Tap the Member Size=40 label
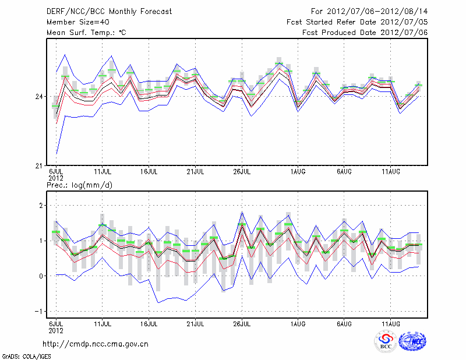pyautogui.click(x=76, y=22)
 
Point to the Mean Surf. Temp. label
pyautogui.click(x=86, y=32)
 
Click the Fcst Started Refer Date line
pyautogui.click(x=357, y=22)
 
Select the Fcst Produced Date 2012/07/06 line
pyautogui.click(x=365, y=32)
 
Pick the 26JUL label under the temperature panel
pyautogui.click(x=242, y=171)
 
